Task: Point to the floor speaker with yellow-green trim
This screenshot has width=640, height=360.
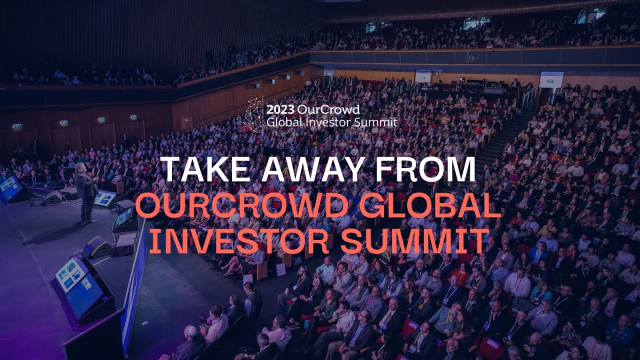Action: (97, 246)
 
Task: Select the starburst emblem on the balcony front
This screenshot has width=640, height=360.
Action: (469, 57)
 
